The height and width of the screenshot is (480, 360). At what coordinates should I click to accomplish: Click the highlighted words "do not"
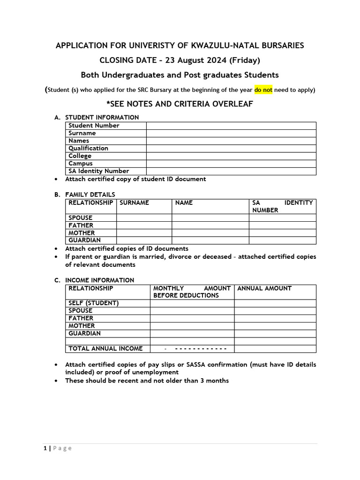263,90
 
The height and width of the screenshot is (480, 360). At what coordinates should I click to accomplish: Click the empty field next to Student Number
231,126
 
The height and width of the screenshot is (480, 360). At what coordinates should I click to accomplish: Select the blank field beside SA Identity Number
231,171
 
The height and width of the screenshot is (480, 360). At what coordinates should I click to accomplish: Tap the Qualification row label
89,148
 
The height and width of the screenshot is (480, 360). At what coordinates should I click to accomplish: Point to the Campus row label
81,164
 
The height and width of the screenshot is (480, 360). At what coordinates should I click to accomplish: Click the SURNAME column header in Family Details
135,203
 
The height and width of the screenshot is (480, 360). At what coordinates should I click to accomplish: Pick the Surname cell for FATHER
144,225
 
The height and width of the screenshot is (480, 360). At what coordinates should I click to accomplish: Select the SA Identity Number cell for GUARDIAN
282,240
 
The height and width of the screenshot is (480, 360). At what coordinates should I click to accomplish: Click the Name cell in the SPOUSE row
210,218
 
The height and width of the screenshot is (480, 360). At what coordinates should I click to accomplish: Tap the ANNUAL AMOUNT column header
264,288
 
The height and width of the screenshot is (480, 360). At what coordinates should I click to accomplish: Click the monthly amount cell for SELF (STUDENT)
192,303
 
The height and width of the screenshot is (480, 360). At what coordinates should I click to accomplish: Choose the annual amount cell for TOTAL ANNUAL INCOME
275,349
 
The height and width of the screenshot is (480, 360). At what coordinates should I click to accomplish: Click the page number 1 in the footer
45,448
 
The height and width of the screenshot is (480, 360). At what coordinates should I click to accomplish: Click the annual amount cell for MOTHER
275,326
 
